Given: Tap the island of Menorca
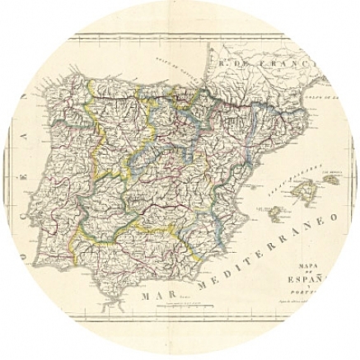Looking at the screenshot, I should click(332, 179).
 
